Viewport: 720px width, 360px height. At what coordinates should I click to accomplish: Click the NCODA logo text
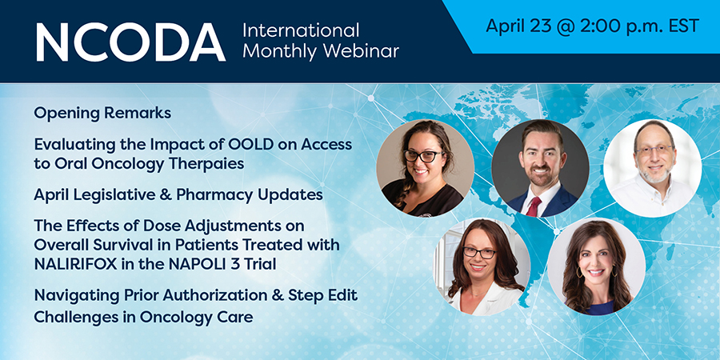coord(131,42)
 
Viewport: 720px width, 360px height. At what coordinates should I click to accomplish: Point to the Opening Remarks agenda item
coord(102,113)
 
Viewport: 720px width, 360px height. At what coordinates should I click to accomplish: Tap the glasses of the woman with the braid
coord(423,156)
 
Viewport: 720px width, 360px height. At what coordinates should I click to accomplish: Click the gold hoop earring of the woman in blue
coord(579,272)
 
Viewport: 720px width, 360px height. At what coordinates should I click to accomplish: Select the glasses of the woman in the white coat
coord(479,252)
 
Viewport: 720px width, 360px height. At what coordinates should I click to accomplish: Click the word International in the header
coord(301,31)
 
